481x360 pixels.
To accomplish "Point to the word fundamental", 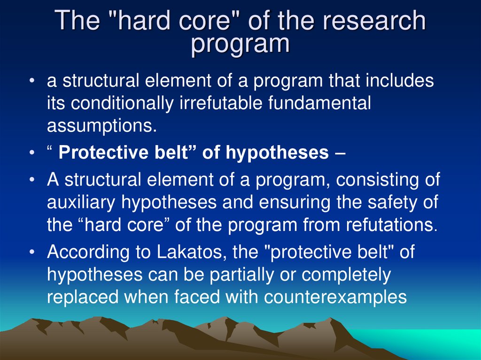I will point(319,103).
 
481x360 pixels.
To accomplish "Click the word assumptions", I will point(101,125).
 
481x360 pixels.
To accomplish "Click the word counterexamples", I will point(335,297).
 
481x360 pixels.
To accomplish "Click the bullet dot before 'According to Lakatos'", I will point(32,253).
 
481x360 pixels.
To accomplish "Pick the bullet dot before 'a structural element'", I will point(32,81).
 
